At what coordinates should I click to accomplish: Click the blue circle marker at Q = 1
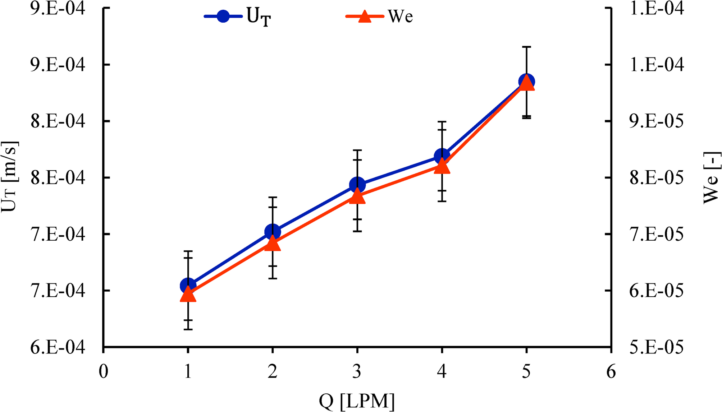point(188,286)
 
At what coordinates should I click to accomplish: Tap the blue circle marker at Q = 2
point(273,232)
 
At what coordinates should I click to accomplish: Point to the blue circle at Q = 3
point(357,185)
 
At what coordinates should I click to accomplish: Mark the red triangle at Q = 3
point(357,196)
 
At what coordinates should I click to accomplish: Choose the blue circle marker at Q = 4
point(442,156)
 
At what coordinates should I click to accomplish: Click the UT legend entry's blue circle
point(223,16)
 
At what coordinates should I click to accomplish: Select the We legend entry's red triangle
point(365,17)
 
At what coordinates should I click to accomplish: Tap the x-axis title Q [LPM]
point(357,401)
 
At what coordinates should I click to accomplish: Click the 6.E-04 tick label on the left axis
point(58,347)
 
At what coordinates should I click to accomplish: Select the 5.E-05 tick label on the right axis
point(656,347)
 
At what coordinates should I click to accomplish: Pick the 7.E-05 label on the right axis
point(656,234)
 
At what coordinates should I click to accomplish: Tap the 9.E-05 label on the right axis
point(656,121)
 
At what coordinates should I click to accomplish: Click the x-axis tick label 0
point(104,371)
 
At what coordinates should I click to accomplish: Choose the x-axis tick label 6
point(611,371)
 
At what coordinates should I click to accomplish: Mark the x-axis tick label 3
point(357,371)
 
